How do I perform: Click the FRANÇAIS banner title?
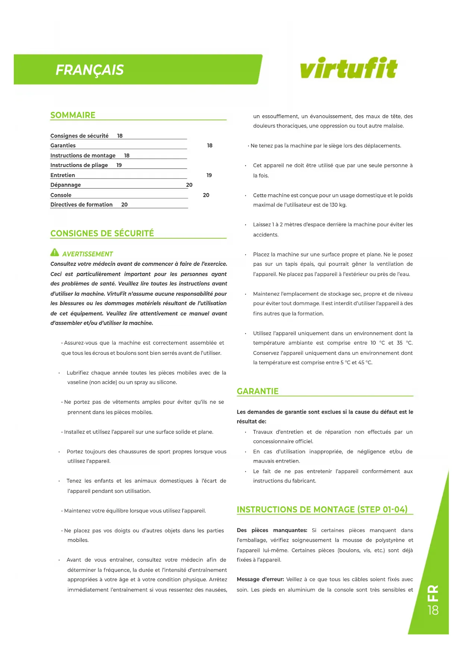click(x=90, y=70)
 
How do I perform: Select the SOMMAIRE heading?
click(x=73, y=115)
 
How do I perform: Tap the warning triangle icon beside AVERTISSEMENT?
click(x=54, y=253)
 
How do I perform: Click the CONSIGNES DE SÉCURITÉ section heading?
click(x=102, y=233)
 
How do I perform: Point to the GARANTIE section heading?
click(x=257, y=391)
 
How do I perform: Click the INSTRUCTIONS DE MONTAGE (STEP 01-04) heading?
click(x=322, y=509)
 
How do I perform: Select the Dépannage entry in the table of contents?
click(x=66, y=185)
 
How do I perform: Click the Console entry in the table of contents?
click(x=61, y=195)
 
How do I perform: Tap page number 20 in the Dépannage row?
click(x=189, y=185)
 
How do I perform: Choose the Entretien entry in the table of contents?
click(x=63, y=175)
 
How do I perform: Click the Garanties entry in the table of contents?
click(x=63, y=145)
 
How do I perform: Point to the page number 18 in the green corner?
click(x=433, y=610)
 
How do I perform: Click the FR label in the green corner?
click(x=433, y=593)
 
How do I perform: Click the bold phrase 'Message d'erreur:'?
click(x=260, y=579)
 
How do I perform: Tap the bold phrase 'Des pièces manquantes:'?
click(x=272, y=530)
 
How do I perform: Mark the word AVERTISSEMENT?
click(x=87, y=254)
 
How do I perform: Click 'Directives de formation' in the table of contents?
click(x=81, y=205)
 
